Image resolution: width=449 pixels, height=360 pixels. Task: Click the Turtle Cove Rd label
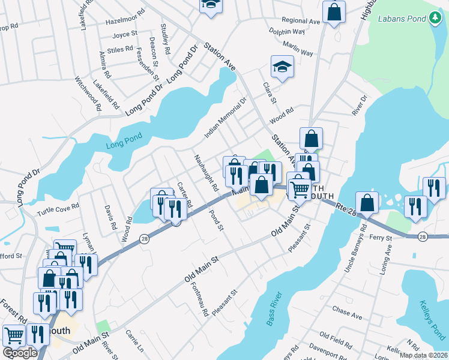point(58,206)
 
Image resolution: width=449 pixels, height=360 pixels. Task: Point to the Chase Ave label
point(348,313)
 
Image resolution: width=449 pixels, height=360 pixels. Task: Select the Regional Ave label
point(301,21)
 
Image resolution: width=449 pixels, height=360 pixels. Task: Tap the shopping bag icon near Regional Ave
point(334,11)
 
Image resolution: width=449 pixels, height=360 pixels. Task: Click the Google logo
point(19,353)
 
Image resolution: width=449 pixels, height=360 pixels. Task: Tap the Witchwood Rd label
point(88,92)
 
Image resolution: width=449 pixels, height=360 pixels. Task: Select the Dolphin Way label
point(287,31)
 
